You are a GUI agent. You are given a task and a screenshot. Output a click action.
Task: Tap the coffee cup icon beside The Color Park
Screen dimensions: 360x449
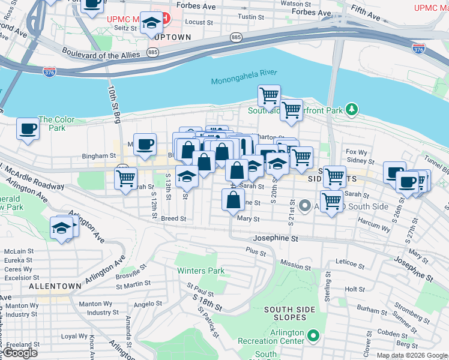(x=28, y=128)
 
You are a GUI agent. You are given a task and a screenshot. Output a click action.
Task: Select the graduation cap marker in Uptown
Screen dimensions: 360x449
(x=152, y=24)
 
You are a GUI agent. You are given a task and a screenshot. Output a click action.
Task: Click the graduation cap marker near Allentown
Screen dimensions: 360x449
(x=62, y=229)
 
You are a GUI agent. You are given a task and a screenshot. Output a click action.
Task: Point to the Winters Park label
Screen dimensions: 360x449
(x=200, y=271)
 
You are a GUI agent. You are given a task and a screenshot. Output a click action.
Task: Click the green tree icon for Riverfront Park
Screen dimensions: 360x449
(x=352, y=109)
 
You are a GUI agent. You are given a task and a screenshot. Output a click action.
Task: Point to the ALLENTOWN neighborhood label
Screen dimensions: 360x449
(x=55, y=287)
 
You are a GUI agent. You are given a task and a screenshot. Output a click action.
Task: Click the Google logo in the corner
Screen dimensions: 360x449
(x=20, y=353)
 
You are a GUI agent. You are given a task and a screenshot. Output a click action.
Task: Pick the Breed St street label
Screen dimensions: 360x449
(x=173, y=219)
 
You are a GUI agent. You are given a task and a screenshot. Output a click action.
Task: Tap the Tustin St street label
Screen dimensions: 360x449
(x=247, y=17)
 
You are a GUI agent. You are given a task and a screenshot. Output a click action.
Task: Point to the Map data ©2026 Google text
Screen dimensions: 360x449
(x=411, y=355)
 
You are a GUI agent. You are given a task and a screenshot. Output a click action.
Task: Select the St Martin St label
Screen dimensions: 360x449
(x=133, y=283)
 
